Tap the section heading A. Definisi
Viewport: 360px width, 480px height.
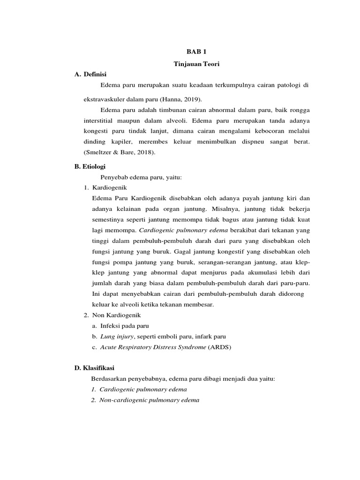90,74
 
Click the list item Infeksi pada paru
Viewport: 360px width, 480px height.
124,326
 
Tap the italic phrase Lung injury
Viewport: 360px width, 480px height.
117,337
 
